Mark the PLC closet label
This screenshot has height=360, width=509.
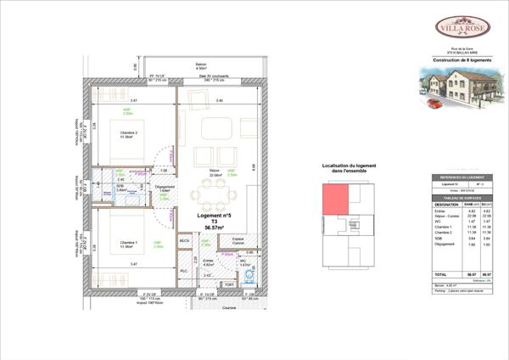(184, 271)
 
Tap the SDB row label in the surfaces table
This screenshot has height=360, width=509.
(438, 239)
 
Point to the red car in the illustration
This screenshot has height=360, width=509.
(433, 104)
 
